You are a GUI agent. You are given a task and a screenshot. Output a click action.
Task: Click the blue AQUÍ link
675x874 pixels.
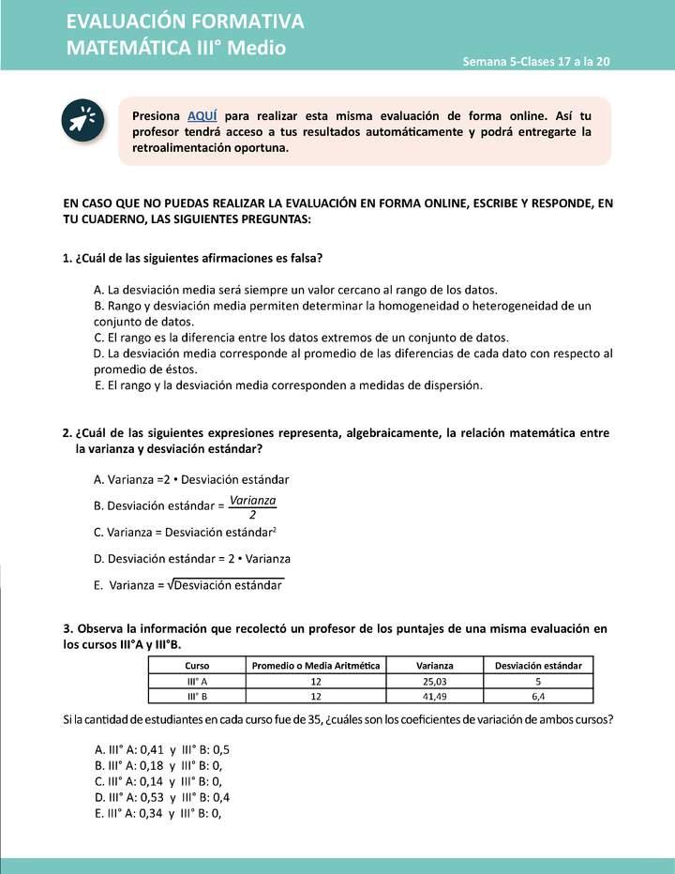pos(202,115)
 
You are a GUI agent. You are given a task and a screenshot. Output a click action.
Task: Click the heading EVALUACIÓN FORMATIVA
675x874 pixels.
pos(185,22)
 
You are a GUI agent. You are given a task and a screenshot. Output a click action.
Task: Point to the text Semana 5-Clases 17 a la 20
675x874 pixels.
pos(536,61)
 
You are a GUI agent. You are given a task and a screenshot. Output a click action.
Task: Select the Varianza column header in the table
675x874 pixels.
pos(434,665)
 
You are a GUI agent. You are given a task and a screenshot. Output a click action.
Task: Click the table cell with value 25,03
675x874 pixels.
pos(434,680)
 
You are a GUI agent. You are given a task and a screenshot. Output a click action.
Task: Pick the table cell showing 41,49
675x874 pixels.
pos(434,696)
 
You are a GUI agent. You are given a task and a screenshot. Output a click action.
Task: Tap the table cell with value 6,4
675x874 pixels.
pos(538,696)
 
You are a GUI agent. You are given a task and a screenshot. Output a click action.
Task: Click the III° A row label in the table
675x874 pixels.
pos(197,680)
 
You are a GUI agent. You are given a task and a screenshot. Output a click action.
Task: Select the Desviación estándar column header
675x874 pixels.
pos(538,665)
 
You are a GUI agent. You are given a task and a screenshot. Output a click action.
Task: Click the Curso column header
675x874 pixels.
pos(197,665)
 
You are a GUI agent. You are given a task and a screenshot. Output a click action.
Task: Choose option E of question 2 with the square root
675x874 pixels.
pos(188,585)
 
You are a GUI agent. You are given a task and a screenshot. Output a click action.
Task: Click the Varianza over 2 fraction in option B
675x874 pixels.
pos(252,506)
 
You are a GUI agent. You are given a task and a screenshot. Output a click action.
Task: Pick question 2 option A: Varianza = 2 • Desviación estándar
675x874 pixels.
pos(191,478)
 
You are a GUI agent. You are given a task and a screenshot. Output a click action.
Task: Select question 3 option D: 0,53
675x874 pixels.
pos(162,797)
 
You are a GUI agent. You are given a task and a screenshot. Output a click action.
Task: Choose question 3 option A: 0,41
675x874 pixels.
pos(162,750)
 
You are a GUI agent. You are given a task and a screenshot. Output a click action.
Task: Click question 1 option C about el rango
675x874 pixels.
pos(301,337)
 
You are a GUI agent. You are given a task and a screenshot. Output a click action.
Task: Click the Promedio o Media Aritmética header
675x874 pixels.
pos(316,665)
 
